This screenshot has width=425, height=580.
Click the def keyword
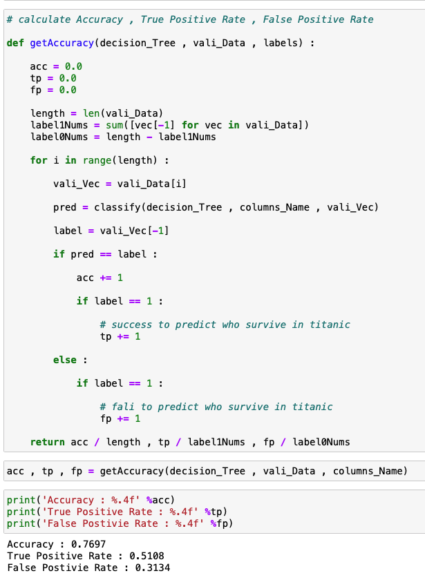point(15,43)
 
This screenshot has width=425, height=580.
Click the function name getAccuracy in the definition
point(62,43)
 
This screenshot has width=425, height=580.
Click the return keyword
point(48,442)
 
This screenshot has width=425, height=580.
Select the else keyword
point(68,360)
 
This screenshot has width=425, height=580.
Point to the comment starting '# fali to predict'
point(216,407)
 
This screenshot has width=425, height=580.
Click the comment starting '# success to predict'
point(225,325)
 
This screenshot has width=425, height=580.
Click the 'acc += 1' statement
point(100,278)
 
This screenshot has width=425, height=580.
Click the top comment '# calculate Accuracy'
point(190,19)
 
